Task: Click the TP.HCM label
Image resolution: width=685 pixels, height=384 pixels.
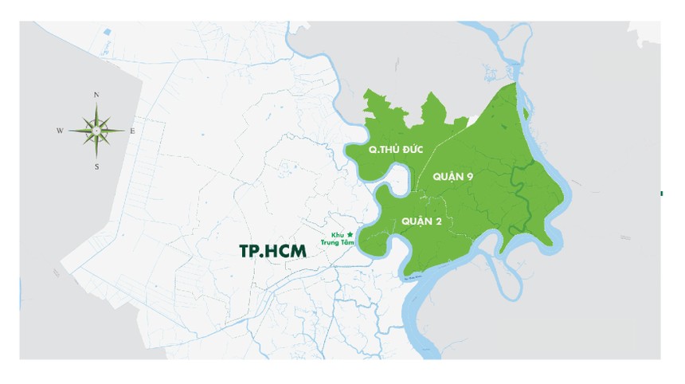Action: coord(272,249)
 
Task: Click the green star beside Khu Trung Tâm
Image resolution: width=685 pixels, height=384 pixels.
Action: coord(350,233)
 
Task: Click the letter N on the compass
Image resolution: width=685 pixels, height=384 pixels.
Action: coord(96,95)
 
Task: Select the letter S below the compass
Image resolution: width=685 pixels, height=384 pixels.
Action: coord(96,167)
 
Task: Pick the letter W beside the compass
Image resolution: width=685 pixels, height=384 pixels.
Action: coord(60,131)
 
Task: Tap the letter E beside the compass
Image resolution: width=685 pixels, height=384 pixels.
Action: coord(133,131)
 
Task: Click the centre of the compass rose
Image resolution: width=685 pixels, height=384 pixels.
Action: coord(96,131)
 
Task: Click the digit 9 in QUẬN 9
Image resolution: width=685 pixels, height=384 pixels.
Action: coord(471,176)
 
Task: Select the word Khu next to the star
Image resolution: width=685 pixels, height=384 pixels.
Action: coord(338,234)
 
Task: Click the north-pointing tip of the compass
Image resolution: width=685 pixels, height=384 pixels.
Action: coord(96,103)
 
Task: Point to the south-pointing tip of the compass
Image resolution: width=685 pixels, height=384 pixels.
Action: coord(96,159)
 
